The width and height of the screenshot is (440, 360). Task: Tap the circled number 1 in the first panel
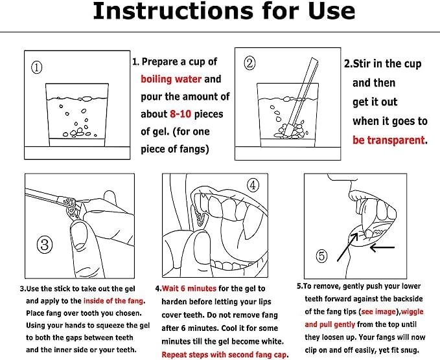pyautogui.click(x=37, y=67)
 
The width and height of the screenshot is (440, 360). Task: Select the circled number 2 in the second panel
pyautogui.click(x=249, y=63)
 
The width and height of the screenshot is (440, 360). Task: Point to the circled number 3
pyautogui.click(x=45, y=245)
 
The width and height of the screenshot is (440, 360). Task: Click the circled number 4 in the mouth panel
pyautogui.click(x=253, y=185)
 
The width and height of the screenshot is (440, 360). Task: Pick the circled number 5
pyautogui.click(x=322, y=256)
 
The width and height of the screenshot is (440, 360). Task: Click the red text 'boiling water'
pyautogui.click(x=171, y=80)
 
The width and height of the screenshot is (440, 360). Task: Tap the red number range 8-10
pyautogui.click(x=181, y=114)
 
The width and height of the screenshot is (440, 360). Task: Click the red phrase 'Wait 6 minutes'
pyautogui.click(x=189, y=289)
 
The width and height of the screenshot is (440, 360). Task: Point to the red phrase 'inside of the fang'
pyautogui.click(x=113, y=301)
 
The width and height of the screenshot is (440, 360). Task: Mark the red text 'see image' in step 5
pyautogui.click(x=378, y=312)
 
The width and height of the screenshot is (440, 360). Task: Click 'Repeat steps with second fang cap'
pyautogui.click(x=224, y=355)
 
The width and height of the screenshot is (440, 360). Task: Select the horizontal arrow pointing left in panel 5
pyautogui.click(x=382, y=247)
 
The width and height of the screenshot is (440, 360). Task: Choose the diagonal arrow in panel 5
pyautogui.click(x=348, y=247)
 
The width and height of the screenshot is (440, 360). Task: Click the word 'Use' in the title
pyautogui.click(x=332, y=11)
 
